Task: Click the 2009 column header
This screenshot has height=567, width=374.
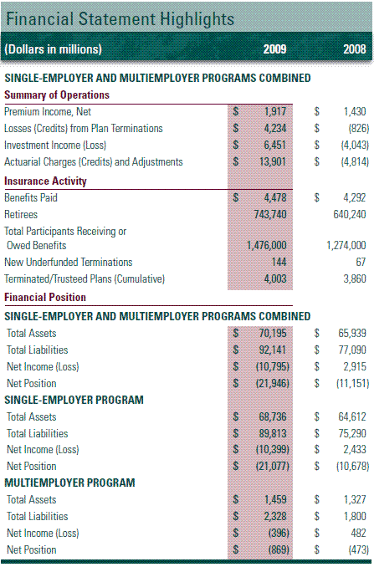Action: (x=274, y=49)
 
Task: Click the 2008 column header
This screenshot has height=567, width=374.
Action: (x=355, y=49)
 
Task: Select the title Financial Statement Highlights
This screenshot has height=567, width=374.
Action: (x=120, y=18)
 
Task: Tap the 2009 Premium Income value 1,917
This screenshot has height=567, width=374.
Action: (x=275, y=111)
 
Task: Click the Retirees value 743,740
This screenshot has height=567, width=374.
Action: (x=270, y=214)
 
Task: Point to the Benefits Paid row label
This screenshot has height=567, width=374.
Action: (x=31, y=198)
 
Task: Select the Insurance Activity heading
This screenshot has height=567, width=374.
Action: (x=45, y=181)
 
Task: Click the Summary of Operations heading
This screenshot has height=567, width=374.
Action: (x=57, y=94)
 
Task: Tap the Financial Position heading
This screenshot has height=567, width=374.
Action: (x=45, y=297)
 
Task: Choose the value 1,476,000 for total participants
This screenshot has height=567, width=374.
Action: (x=267, y=246)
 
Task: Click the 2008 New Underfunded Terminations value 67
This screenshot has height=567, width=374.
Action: (x=361, y=262)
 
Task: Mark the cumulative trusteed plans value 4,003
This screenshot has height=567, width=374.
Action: (x=275, y=278)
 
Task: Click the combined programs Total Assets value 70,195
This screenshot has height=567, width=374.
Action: (x=273, y=333)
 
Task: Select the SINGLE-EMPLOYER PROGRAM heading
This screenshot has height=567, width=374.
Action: (x=74, y=400)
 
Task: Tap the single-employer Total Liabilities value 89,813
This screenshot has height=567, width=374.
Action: (x=273, y=433)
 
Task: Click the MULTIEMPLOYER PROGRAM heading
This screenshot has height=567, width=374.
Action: (x=69, y=483)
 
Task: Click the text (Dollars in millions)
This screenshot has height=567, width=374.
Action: (x=54, y=49)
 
